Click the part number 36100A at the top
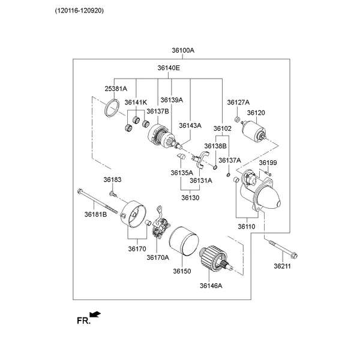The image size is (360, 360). coord(183,51)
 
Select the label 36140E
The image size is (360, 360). coord(169,68)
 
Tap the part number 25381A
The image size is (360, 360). coord(116,89)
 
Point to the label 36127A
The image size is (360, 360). coord(238,103)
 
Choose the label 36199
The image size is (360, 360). coord(268,163)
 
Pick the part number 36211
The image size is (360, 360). coord(282,266)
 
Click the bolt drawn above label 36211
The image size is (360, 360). coord(280,247)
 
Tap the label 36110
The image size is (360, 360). coord(246,227)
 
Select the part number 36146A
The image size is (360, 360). coord(211,286)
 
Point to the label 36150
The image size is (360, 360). coord(182,271)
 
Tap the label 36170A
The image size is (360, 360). coord(158,257)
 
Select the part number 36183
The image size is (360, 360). coord(112,179)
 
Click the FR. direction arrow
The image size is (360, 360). coord(95,314)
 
